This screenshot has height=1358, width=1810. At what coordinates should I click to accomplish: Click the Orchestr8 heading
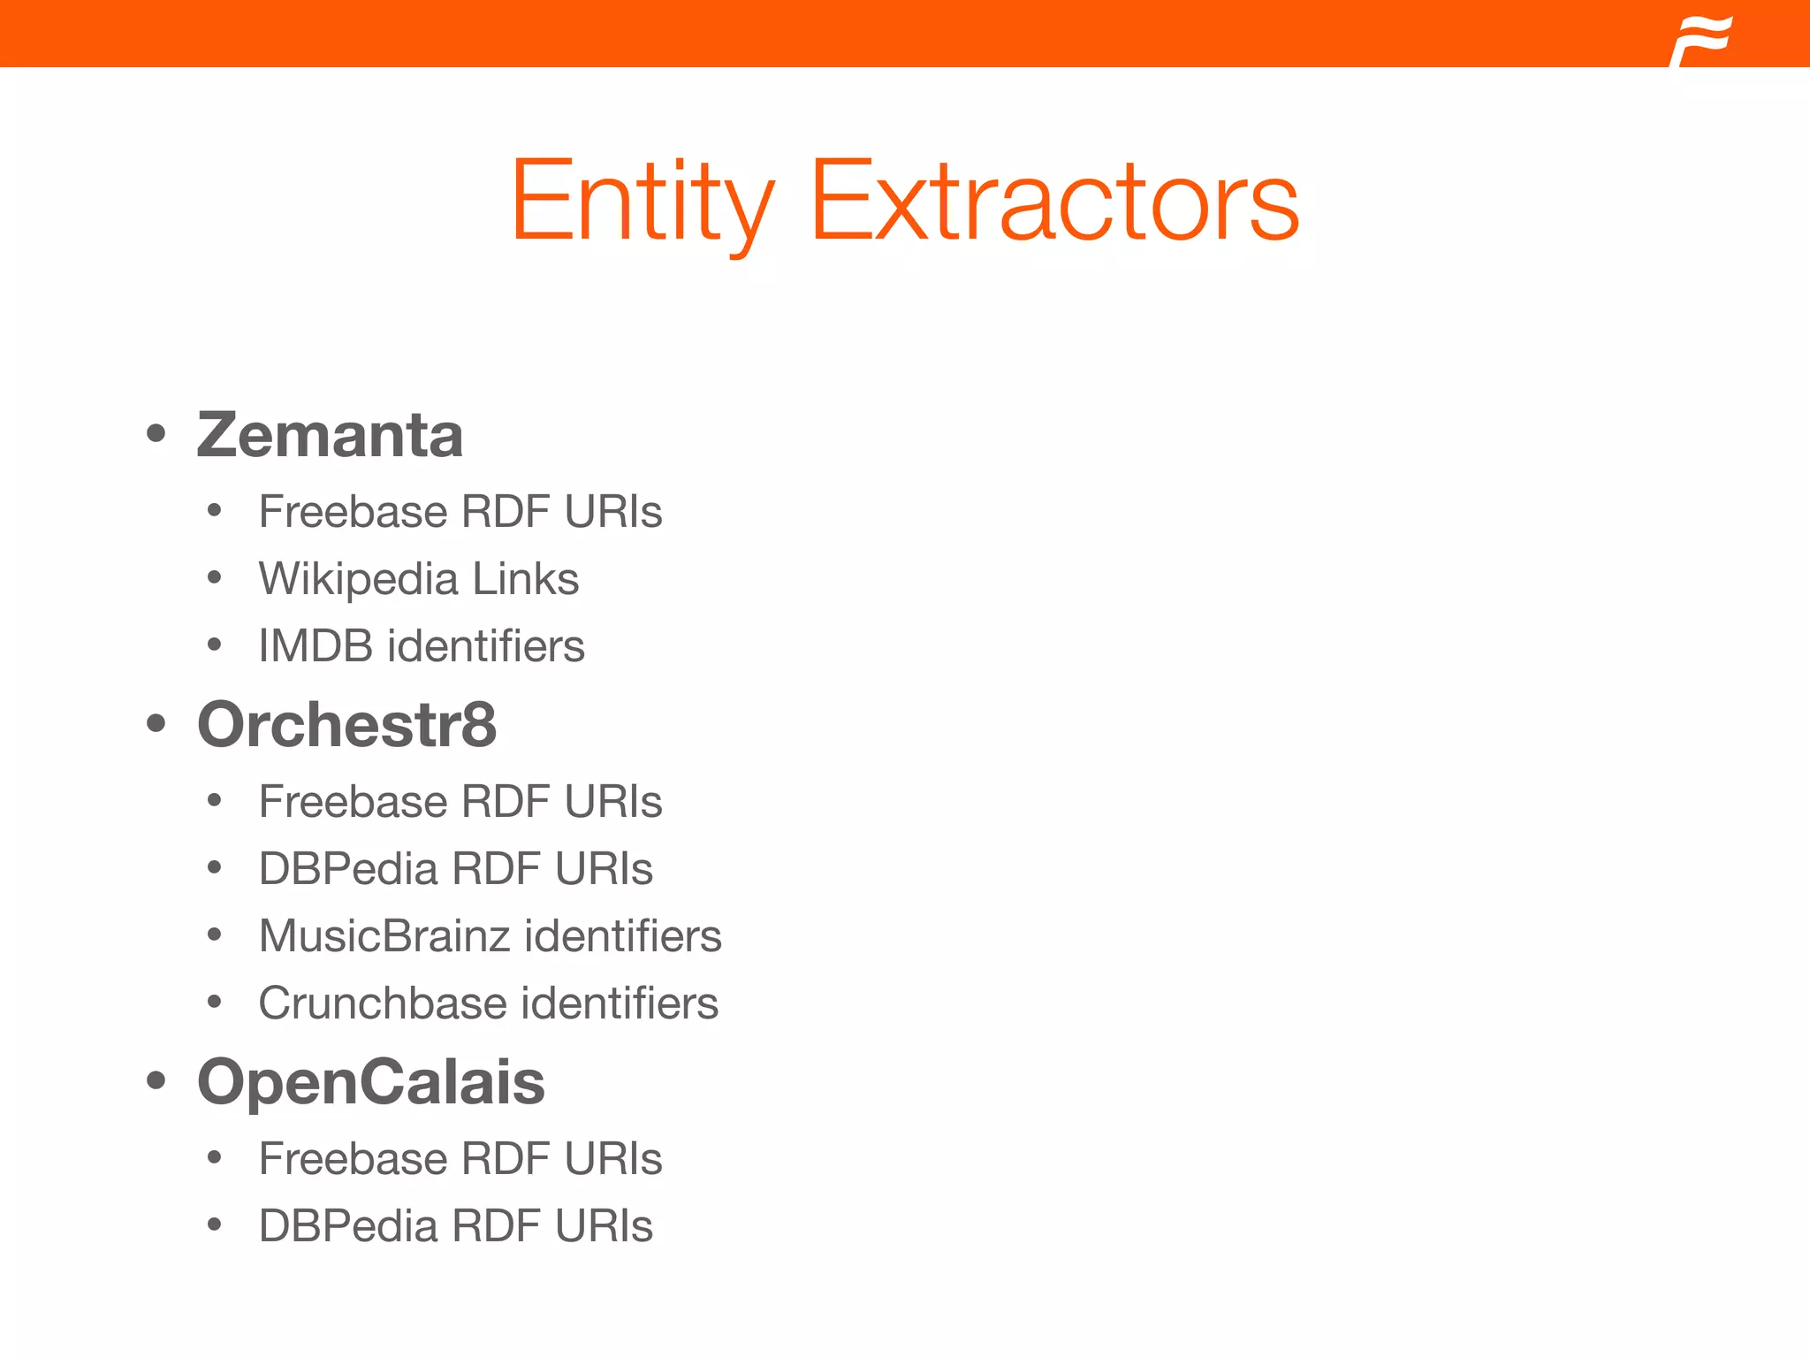346,724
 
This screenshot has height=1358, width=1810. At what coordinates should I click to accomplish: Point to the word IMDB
315,645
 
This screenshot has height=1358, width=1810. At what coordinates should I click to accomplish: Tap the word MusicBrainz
385,935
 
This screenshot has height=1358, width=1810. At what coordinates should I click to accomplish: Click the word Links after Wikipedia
525,579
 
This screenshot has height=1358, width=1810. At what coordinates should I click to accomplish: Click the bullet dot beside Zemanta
156,434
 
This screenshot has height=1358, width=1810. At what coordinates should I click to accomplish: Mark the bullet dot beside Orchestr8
156,724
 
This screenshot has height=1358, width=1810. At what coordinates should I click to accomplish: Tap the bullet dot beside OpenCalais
156,1080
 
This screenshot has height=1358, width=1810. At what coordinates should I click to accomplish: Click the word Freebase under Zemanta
353,512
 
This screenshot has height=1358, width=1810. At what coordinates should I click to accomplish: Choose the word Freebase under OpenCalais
353,1158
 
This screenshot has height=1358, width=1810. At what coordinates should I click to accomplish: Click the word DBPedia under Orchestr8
347,868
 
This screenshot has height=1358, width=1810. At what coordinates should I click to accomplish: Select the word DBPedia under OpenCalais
347,1225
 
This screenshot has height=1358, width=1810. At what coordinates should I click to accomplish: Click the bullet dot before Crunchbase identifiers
214,1003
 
